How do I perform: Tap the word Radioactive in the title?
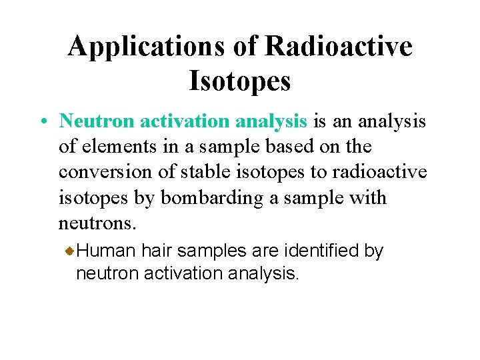coord(338,47)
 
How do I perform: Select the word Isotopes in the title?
coord(240,81)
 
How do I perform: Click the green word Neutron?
coord(97,121)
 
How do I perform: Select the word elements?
coord(115,146)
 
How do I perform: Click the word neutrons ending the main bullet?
coord(89,224)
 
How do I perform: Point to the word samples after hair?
coord(214,251)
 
